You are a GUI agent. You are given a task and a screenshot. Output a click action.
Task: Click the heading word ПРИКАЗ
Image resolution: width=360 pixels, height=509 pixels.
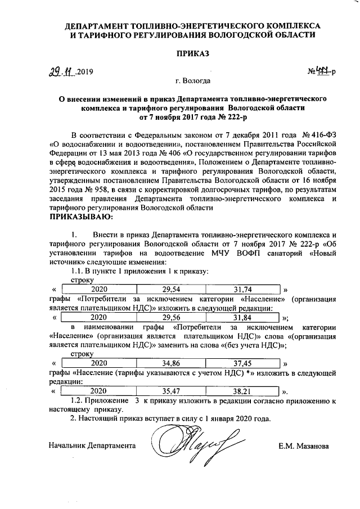tap(193, 53)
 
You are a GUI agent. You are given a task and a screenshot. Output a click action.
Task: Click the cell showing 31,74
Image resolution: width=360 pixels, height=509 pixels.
tap(244, 289)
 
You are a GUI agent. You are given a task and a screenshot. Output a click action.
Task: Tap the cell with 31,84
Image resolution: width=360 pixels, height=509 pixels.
tap(244, 317)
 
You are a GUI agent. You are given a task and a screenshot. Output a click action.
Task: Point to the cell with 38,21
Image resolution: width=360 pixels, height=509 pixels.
tap(244, 390)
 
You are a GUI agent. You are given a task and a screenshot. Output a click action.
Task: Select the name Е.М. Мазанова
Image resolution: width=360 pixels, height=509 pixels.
tap(303, 446)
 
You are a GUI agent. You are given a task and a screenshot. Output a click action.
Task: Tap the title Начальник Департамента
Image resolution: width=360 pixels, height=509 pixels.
tap(92, 445)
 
